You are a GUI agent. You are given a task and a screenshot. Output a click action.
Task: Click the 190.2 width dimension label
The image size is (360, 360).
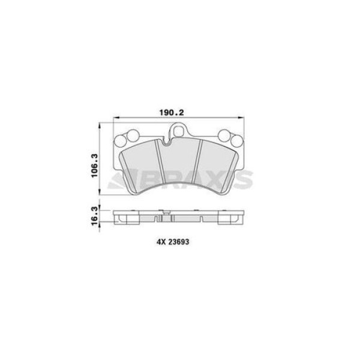pyautogui.click(x=172, y=113)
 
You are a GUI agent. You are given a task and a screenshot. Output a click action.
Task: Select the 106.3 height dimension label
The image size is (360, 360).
pyautogui.click(x=94, y=166)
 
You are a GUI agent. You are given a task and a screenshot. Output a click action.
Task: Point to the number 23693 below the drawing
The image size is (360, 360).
pyautogui.click(x=179, y=242)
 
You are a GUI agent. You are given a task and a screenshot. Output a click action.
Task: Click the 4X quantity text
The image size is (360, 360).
pyautogui.click(x=161, y=242)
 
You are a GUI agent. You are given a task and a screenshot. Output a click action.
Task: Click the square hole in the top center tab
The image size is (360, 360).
pyautogui.click(x=178, y=131)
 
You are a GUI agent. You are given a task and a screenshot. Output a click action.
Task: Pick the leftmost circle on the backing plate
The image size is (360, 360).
pyautogui.click(x=120, y=141)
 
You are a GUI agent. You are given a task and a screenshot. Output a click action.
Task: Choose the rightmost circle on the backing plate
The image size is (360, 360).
pyautogui.click(x=237, y=141)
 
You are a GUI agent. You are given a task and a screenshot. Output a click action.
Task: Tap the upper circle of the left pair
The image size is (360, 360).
pyautogui.click(x=133, y=136)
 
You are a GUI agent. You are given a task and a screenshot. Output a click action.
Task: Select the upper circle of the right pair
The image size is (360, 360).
pyautogui.click(x=224, y=136)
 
